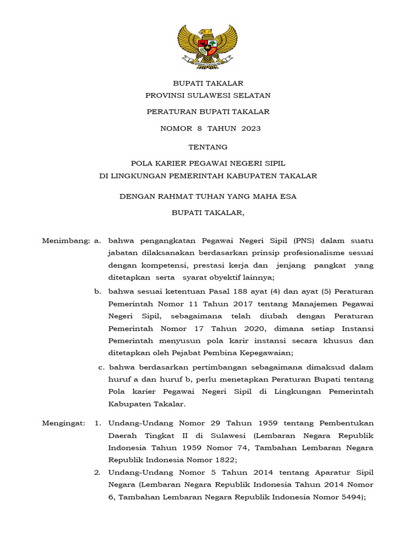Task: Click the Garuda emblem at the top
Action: [x=207, y=46]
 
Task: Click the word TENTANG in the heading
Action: [x=208, y=147]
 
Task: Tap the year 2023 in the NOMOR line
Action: [x=251, y=128]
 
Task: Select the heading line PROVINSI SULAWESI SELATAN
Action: [x=208, y=95]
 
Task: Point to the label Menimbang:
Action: [x=66, y=241]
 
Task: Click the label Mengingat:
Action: [x=63, y=423]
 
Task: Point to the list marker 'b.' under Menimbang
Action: [x=98, y=292]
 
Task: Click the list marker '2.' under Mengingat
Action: [x=97, y=472]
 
